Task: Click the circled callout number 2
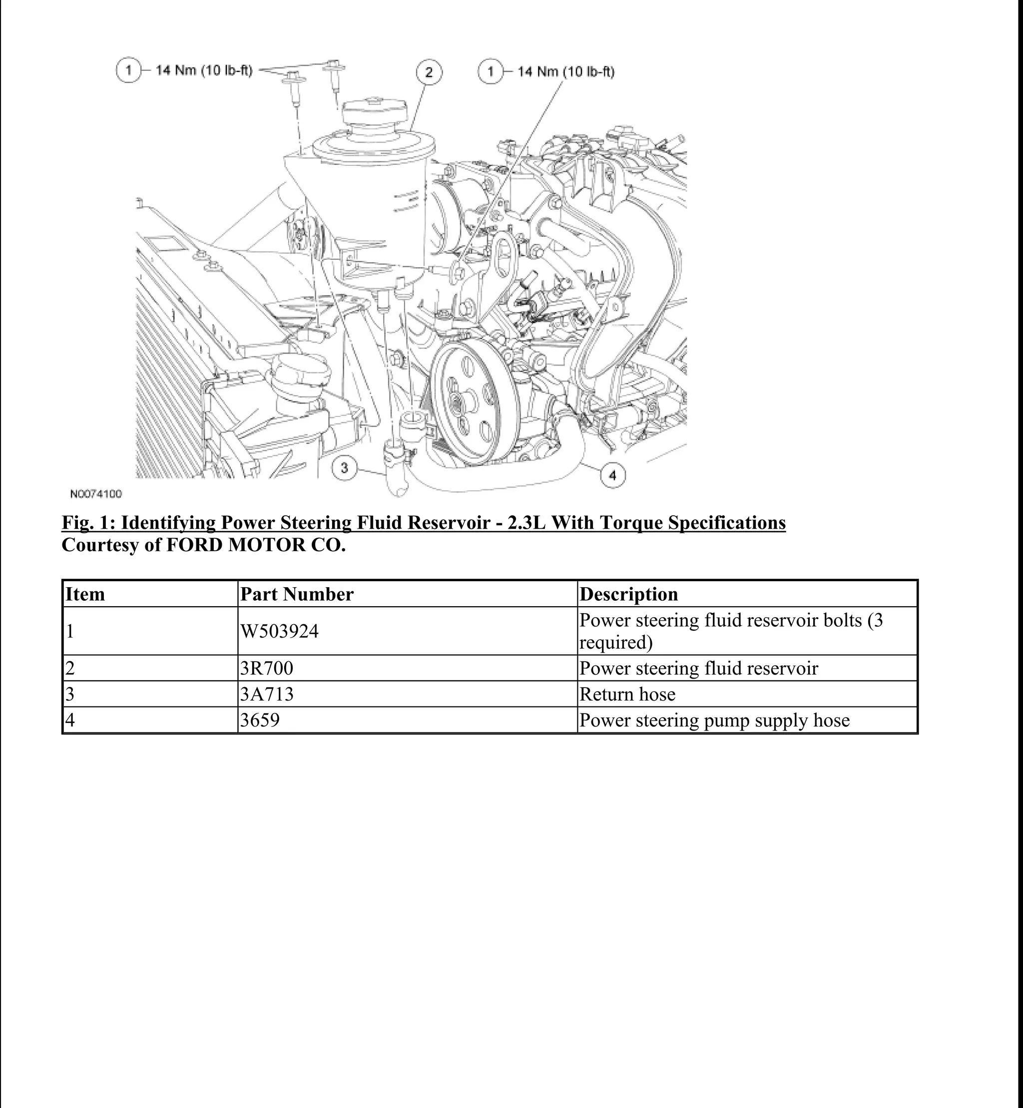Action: click(429, 72)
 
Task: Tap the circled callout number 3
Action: click(344, 468)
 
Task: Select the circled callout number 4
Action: click(613, 475)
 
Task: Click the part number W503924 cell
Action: click(280, 631)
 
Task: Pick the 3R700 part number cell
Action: click(267, 668)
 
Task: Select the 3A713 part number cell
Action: click(267, 694)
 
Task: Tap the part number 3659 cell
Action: click(260, 720)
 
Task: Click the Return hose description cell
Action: click(627, 694)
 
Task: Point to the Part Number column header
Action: click(297, 594)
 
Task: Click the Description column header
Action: click(628, 594)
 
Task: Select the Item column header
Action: click(85, 594)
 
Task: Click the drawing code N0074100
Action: click(96, 494)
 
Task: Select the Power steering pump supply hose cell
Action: click(714, 720)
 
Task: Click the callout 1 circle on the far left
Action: click(128, 70)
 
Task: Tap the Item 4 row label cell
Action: click(70, 720)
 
